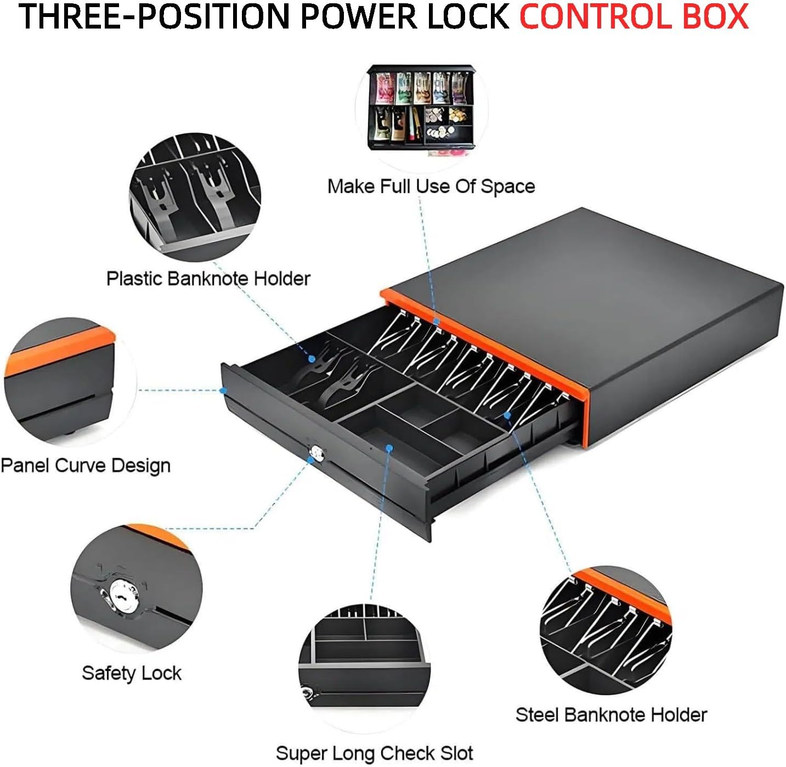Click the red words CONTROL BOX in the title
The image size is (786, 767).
click(x=634, y=16)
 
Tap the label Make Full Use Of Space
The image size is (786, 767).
click(x=431, y=187)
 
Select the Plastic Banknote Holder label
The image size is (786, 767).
click(x=208, y=278)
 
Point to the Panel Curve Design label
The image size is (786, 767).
click(x=86, y=466)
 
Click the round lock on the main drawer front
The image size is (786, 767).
click(x=316, y=453)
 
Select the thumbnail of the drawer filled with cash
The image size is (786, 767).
click(x=421, y=108)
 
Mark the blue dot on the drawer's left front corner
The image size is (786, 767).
click(x=223, y=391)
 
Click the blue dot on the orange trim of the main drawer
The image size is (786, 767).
click(x=436, y=322)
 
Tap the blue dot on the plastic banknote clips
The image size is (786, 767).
click(x=312, y=358)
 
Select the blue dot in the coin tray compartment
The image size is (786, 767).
click(x=389, y=448)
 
